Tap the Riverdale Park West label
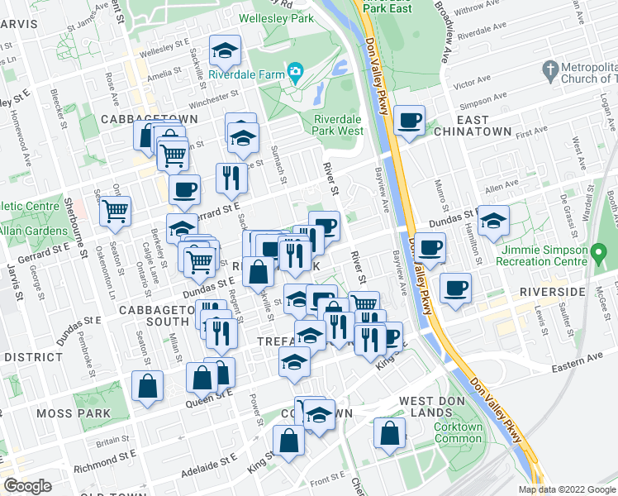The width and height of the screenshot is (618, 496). (338, 125)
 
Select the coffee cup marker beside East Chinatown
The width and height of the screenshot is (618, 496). (408, 122)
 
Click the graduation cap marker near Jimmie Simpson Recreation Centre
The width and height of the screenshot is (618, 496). (493, 221)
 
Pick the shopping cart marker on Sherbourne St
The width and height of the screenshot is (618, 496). (116, 212)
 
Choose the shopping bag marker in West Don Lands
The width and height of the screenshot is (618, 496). (389, 433)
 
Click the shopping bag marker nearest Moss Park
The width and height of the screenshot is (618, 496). (147, 386)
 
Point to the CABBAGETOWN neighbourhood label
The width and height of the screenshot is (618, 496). (149, 119)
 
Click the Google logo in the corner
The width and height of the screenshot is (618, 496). (28, 486)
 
